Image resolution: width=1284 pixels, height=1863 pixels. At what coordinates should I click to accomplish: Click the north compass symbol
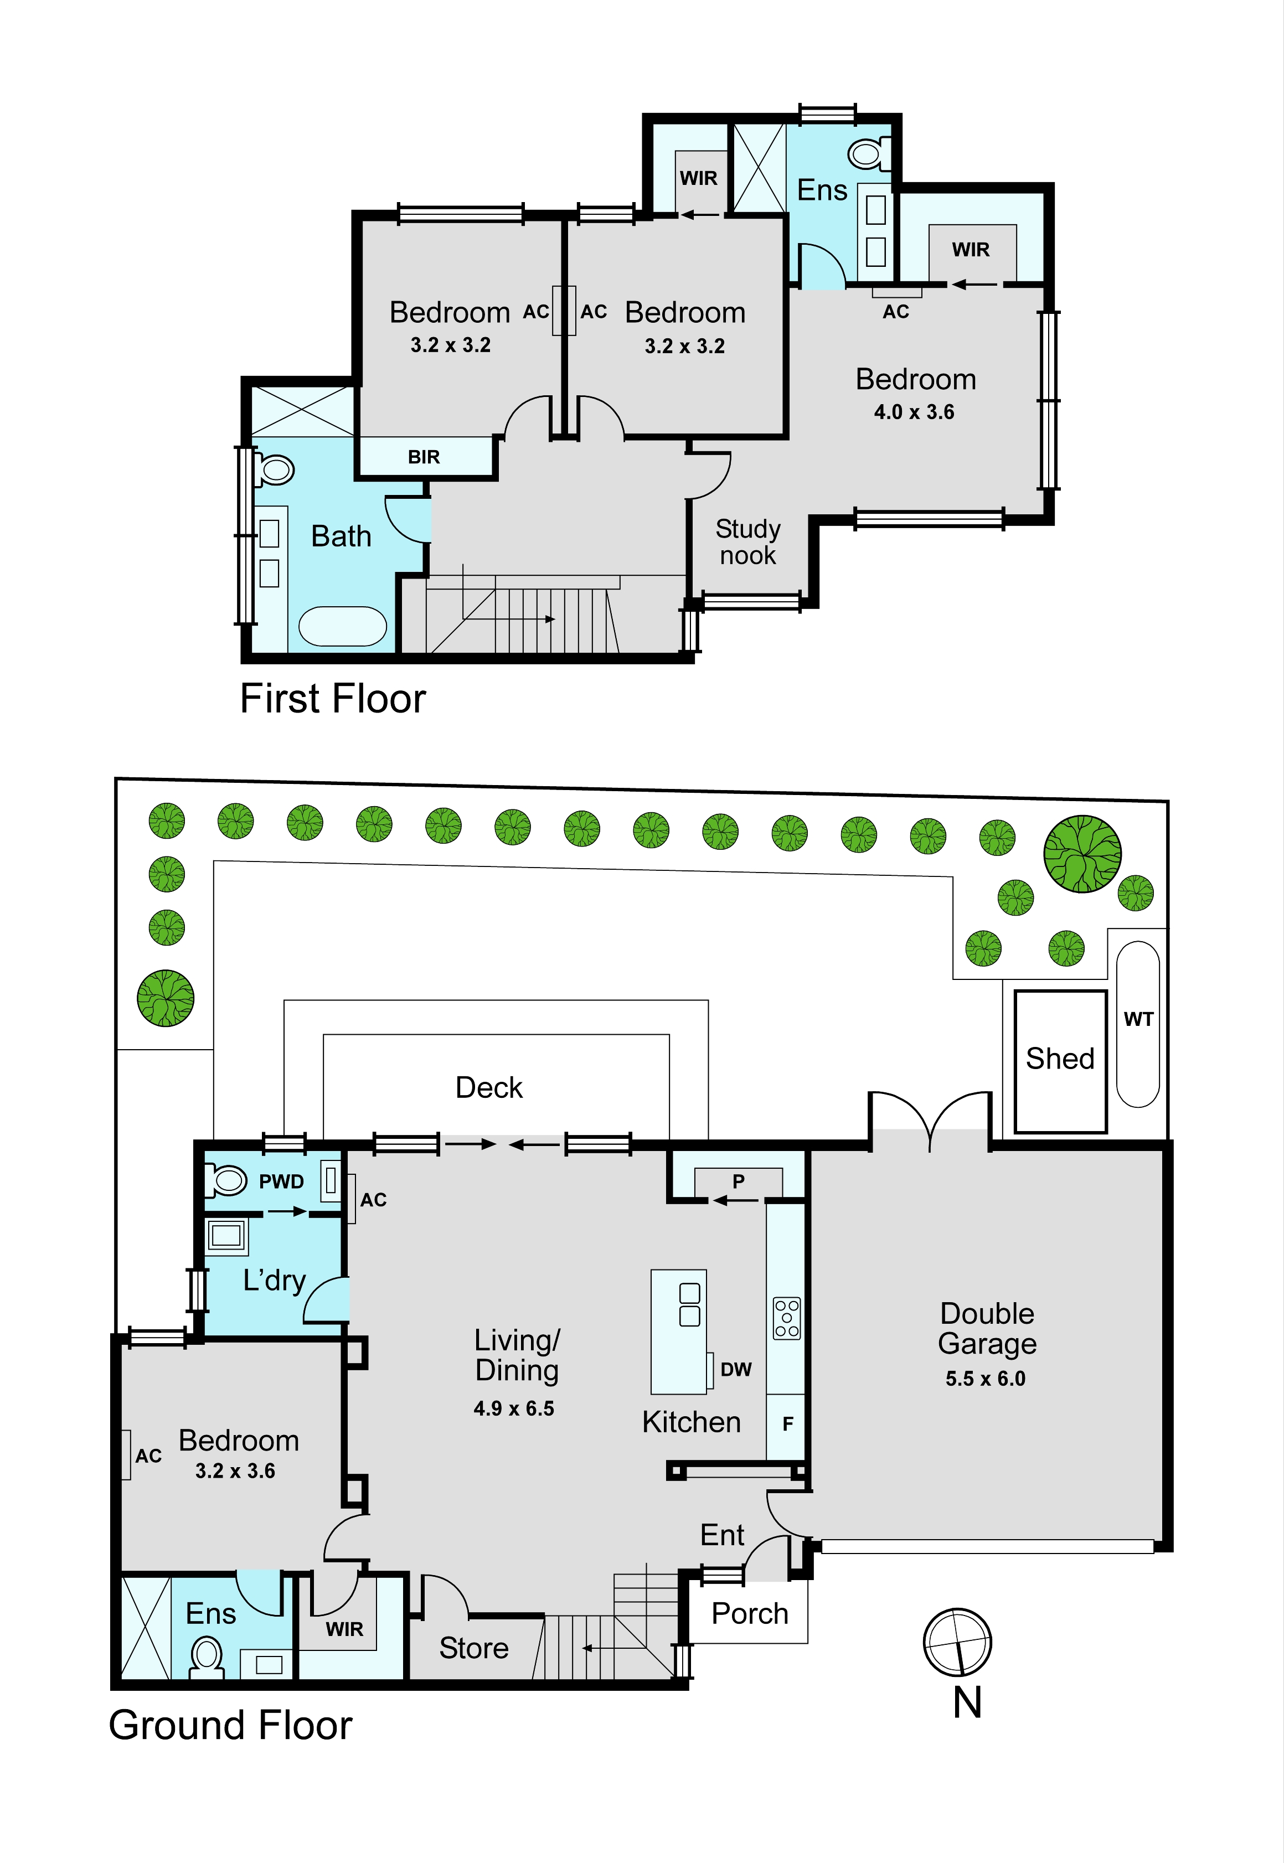[x=957, y=1642]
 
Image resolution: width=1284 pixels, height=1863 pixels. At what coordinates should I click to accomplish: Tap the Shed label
[x=1060, y=1059]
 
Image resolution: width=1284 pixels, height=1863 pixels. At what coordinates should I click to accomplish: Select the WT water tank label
[x=1138, y=1019]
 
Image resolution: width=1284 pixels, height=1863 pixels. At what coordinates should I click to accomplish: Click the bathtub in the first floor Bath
[x=343, y=626]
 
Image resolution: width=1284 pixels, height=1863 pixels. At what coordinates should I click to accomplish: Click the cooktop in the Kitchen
[x=787, y=1318]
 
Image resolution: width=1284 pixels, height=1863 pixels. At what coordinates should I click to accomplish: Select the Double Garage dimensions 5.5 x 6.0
[x=986, y=1379]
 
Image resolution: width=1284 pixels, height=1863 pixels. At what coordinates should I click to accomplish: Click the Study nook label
[x=748, y=541]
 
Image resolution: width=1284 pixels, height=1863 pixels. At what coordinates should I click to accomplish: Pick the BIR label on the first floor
[x=424, y=457]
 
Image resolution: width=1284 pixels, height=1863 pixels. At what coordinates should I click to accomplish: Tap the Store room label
[x=474, y=1648]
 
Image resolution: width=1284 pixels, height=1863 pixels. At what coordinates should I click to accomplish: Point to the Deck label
[x=488, y=1087]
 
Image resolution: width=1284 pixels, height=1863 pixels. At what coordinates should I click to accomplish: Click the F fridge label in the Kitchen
[x=788, y=1424]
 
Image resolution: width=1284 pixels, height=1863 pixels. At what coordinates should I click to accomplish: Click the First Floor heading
[x=333, y=698]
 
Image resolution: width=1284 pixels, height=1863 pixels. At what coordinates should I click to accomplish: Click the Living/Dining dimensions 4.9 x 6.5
[x=514, y=1408]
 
